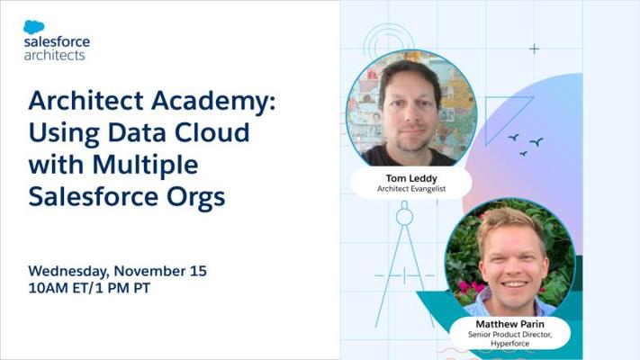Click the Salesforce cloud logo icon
pos(34,27)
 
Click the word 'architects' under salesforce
pos(54,55)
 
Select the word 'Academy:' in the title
pos(213,101)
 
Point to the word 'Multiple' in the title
pos(145,166)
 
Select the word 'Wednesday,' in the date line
pos(68,271)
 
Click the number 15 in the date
pos(198,271)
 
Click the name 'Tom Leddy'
pos(411,178)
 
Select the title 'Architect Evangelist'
pos(411,189)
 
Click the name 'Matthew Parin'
pos(509,324)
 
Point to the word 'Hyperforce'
pos(509,344)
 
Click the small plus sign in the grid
pos(534,49)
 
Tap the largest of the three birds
pos(536,142)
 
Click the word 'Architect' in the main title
pos(86,101)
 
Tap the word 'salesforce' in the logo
pos(57,41)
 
